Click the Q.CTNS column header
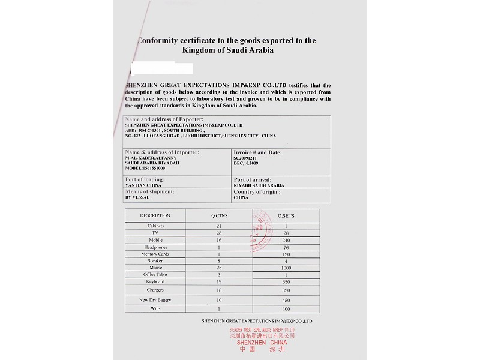pyautogui.click(x=220, y=215)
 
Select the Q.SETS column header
pyautogui.click(x=286, y=215)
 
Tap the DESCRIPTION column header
pyautogui.click(x=155, y=215)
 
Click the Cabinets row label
pyautogui.click(x=155, y=226)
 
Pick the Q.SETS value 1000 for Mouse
pyautogui.click(x=286, y=268)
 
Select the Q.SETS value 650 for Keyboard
pyautogui.click(x=286, y=281)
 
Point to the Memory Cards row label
pyautogui.click(x=155, y=254)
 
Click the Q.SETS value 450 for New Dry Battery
pyautogui.click(x=286, y=300)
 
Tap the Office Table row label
pyautogui.click(x=155, y=274)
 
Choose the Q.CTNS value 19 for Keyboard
pyautogui.click(x=220, y=281)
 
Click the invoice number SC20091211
pyautogui.click(x=248, y=158)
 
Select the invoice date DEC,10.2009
pyautogui.click(x=247, y=163)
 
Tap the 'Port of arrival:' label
pyautogui.click(x=252, y=179)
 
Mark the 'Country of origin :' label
pyautogui.click(x=257, y=191)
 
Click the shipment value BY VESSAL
pyautogui.click(x=137, y=197)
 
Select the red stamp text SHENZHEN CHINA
pyautogui.click(x=262, y=342)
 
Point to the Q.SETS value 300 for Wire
pyautogui.click(x=286, y=308)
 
